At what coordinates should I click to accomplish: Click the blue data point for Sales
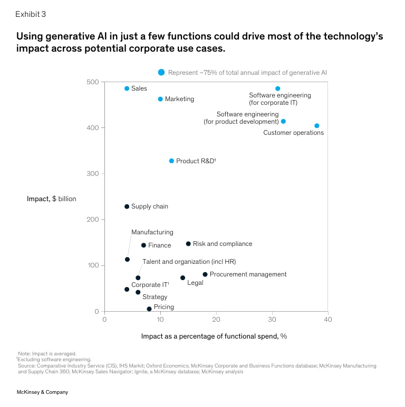click(127, 88)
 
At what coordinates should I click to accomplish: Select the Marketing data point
click(160, 99)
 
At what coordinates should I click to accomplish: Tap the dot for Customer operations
click(316, 126)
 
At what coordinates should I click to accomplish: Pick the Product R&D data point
click(171, 161)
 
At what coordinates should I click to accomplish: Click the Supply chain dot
click(127, 206)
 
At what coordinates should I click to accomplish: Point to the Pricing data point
click(149, 309)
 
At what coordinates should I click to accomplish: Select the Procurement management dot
click(205, 274)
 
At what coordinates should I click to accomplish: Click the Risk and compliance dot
click(188, 244)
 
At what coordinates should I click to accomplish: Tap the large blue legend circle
click(161, 72)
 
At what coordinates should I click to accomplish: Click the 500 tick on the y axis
click(93, 82)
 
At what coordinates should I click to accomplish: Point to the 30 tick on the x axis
click(272, 320)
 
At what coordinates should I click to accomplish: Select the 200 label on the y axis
click(93, 220)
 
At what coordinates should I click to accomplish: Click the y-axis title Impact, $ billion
click(52, 198)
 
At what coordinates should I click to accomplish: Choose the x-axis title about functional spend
click(214, 336)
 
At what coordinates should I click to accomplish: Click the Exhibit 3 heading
click(31, 14)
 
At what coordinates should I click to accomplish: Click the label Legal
click(195, 283)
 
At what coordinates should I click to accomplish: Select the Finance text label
click(159, 245)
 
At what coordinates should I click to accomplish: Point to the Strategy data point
click(138, 292)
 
